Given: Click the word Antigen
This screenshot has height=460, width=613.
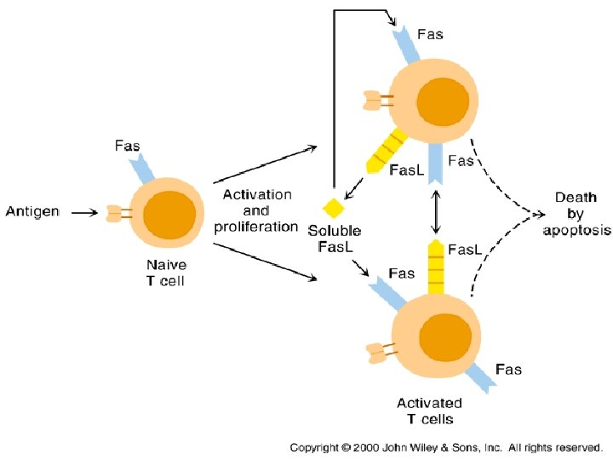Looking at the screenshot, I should [32, 211].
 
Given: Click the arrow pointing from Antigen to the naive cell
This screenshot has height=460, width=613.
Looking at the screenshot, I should [84, 212].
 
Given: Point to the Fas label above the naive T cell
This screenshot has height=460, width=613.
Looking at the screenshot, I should [128, 147].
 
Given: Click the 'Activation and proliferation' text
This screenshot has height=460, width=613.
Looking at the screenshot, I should [256, 210].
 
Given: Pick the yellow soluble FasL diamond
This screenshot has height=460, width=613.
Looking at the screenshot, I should [332, 208].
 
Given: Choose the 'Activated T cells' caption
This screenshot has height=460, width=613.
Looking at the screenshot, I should [429, 411].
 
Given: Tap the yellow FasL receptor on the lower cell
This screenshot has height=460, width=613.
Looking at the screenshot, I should [435, 267].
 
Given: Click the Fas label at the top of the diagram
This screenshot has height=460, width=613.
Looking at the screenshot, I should [430, 35].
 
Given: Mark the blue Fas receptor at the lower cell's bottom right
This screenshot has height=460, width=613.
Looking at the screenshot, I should [482, 375].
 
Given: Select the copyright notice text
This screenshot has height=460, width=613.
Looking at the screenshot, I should [446, 446].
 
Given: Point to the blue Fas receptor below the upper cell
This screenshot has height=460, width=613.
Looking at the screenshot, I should [435, 162].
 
